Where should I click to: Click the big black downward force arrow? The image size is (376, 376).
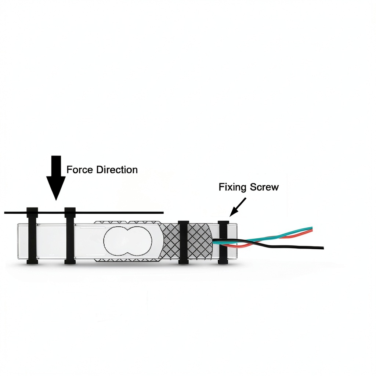(56, 177)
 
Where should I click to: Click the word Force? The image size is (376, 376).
(80, 170)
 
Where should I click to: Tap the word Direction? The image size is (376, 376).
(117, 170)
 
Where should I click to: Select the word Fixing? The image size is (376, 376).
(233, 187)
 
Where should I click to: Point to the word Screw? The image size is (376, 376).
(264, 187)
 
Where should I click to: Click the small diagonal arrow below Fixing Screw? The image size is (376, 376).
(238, 207)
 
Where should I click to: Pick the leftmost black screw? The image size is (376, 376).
(32, 236)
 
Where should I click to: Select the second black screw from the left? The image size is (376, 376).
(70, 236)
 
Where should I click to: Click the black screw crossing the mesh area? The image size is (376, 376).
(184, 242)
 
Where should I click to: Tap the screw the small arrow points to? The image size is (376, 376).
(223, 242)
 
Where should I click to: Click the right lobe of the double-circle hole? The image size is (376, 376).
(140, 241)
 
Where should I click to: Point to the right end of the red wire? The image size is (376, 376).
(312, 231)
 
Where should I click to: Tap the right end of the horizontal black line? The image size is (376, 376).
(163, 213)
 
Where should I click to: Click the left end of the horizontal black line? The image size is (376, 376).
(4, 213)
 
